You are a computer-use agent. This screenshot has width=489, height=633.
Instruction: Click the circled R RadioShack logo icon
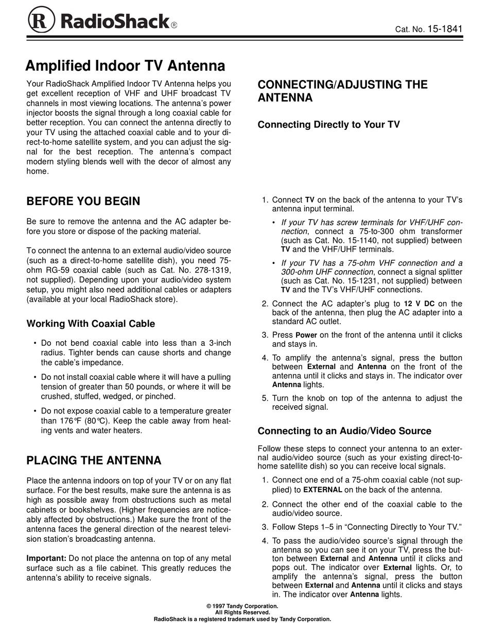(42, 21)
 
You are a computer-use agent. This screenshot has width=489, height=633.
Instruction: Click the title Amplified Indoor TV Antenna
(125, 66)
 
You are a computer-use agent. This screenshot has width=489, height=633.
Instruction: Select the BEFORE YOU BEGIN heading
(83, 201)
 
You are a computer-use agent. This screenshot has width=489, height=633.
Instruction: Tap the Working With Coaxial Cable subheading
(91, 324)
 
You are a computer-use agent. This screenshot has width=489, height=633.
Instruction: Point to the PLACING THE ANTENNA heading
(94, 460)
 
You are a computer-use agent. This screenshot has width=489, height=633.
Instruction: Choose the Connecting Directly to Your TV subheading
(328, 124)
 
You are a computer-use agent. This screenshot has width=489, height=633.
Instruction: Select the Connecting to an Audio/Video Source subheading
(344, 430)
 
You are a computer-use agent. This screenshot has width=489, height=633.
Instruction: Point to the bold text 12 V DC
(419, 304)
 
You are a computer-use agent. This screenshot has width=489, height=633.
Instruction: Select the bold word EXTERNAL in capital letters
(323, 490)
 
